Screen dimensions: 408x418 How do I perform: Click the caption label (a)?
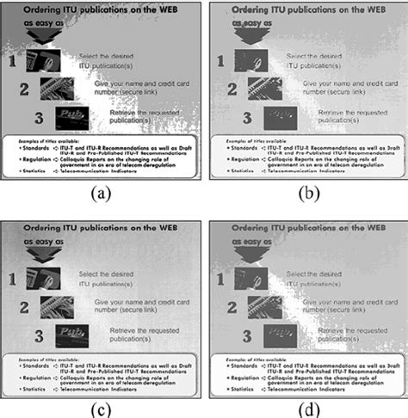click(x=102, y=194)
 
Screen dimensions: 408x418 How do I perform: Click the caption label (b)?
click(x=305, y=194)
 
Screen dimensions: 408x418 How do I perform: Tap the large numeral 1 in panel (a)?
click(x=13, y=62)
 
